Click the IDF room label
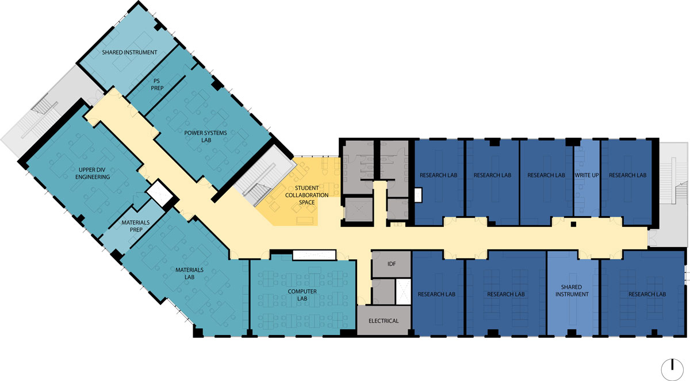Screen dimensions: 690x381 click(392, 264)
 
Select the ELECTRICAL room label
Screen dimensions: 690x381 click(384, 321)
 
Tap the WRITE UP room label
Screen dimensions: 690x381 click(586, 175)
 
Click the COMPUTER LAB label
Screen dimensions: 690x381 click(302, 295)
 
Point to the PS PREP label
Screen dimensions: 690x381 click(157, 84)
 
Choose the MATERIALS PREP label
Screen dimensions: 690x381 click(136, 226)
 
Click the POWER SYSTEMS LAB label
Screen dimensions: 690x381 click(205, 136)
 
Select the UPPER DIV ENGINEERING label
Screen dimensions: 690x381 click(93, 174)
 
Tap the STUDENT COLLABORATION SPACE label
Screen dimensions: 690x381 click(307, 195)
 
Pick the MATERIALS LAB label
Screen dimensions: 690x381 click(189, 274)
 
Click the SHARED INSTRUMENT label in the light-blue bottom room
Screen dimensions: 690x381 click(572, 291)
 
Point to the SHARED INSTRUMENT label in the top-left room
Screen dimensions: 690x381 click(130, 52)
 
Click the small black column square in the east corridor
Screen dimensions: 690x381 click(573, 224)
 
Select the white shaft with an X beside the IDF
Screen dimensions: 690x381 click(403, 291)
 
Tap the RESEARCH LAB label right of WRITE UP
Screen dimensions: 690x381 click(627, 175)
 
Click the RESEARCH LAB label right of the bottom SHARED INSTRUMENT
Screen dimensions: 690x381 click(647, 294)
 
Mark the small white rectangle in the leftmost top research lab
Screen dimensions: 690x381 click(418, 195)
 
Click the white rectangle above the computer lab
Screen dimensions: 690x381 click(314, 255)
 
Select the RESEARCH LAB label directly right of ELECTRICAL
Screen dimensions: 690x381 click(436, 294)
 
